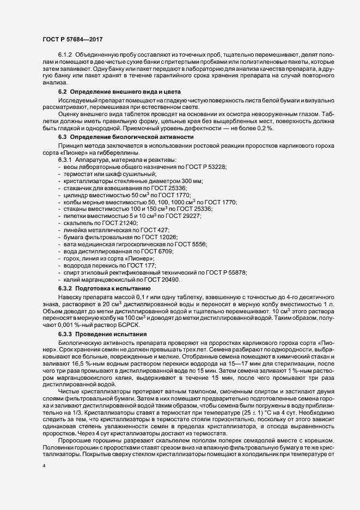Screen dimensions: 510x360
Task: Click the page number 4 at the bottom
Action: [44, 466]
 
